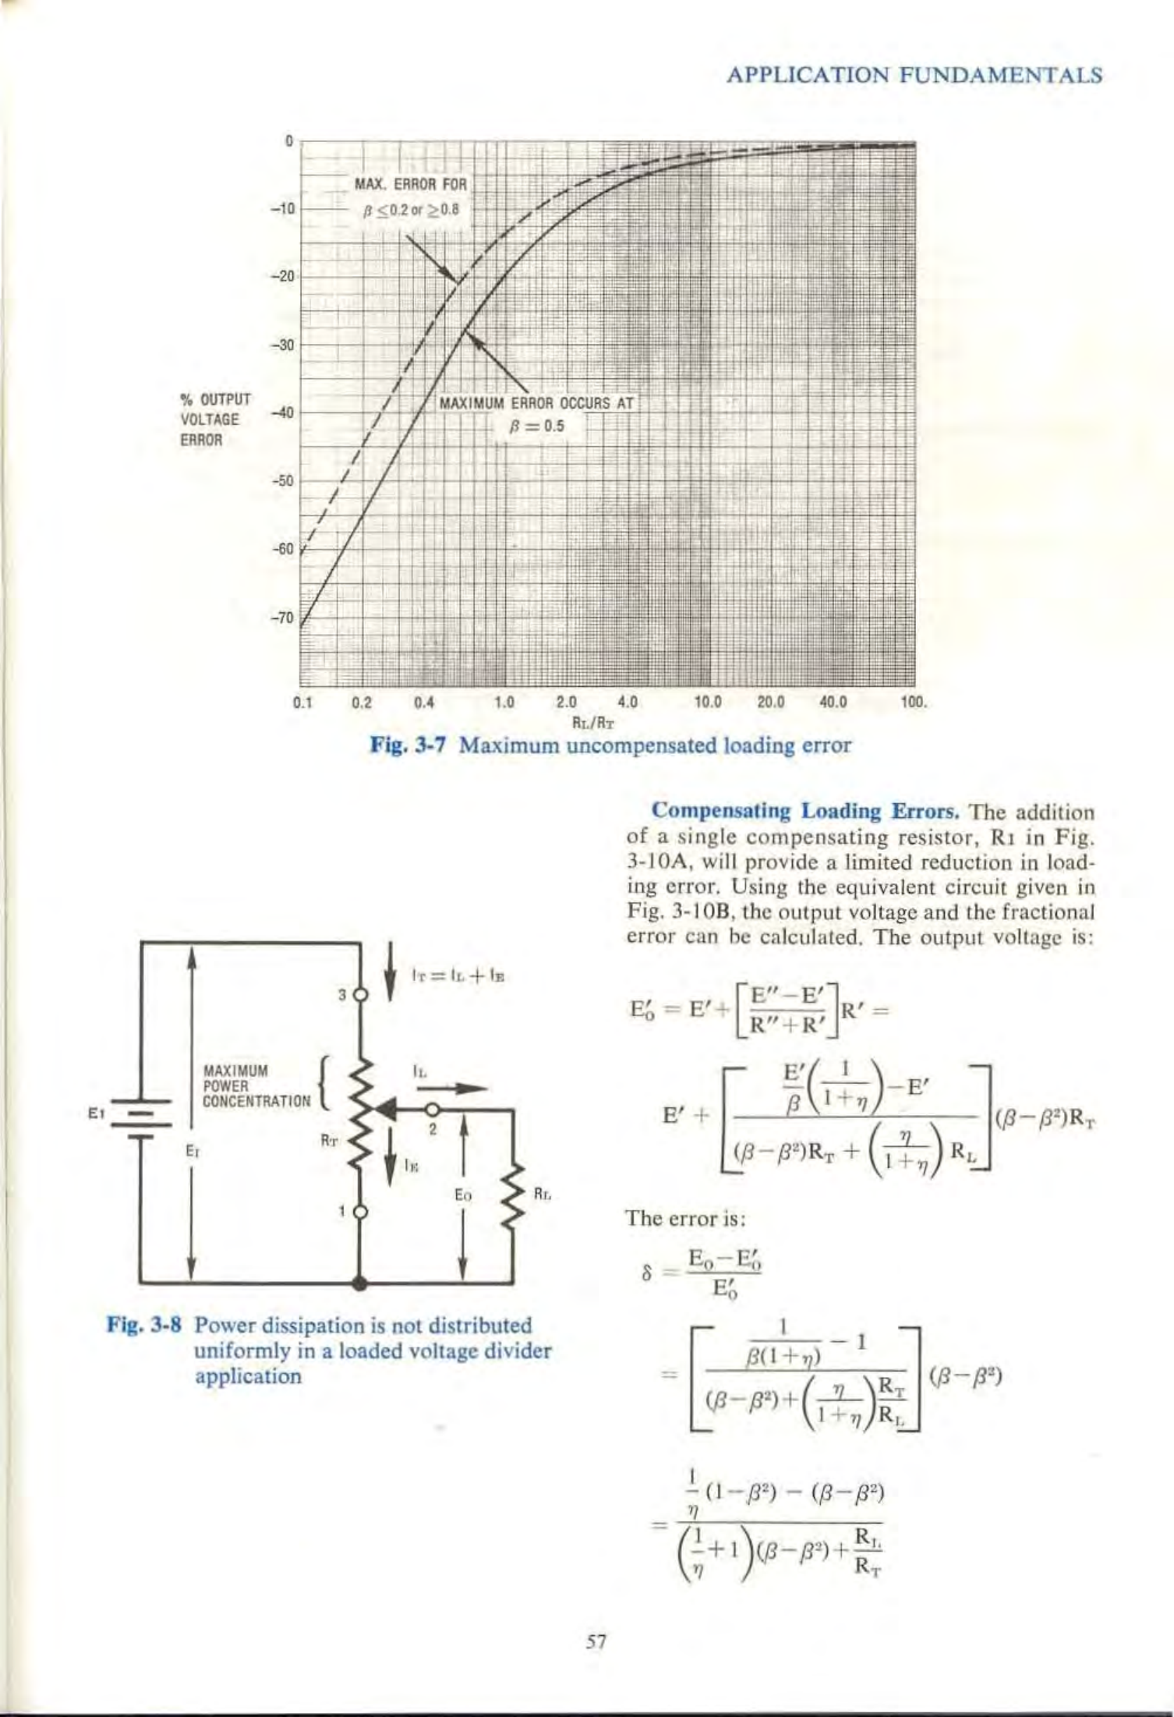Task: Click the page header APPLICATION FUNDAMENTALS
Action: coord(914,76)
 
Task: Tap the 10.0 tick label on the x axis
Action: coord(707,701)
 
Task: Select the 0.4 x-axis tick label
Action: coord(423,701)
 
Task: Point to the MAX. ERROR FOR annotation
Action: coord(410,185)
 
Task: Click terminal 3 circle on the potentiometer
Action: coord(360,996)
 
